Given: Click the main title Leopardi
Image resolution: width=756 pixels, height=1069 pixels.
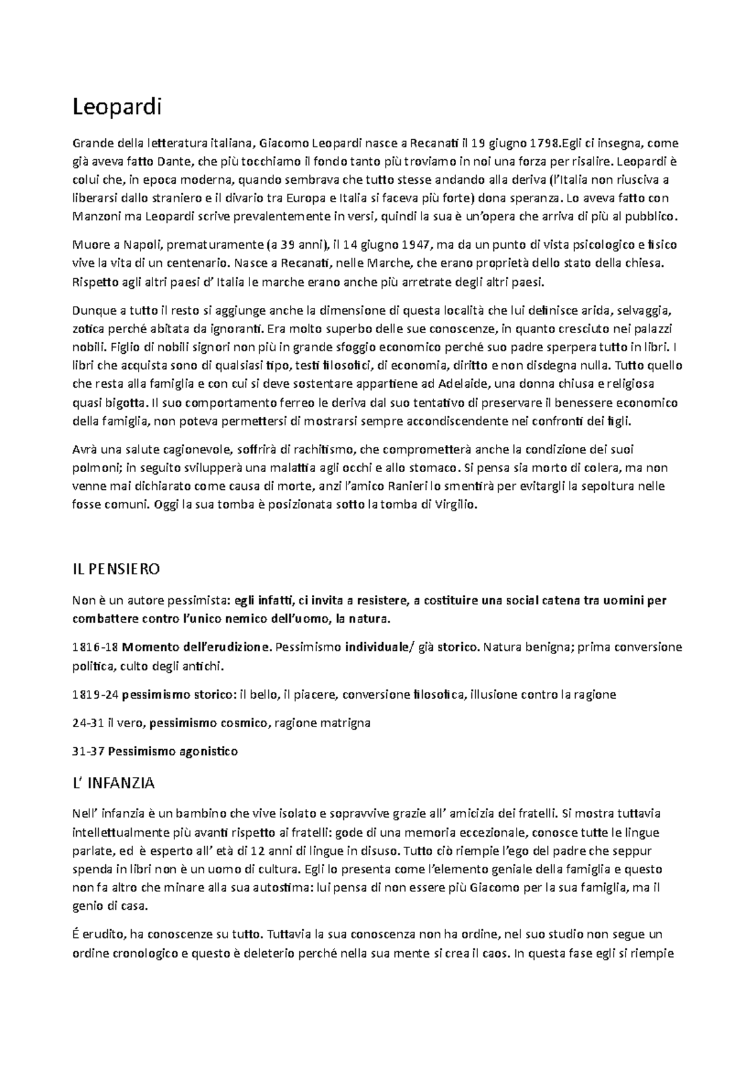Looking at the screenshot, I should [x=117, y=108].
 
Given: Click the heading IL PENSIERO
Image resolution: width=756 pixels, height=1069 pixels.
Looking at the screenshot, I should [x=117, y=569].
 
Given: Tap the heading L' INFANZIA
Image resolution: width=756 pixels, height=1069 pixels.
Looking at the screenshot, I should [x=114, y=783].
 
